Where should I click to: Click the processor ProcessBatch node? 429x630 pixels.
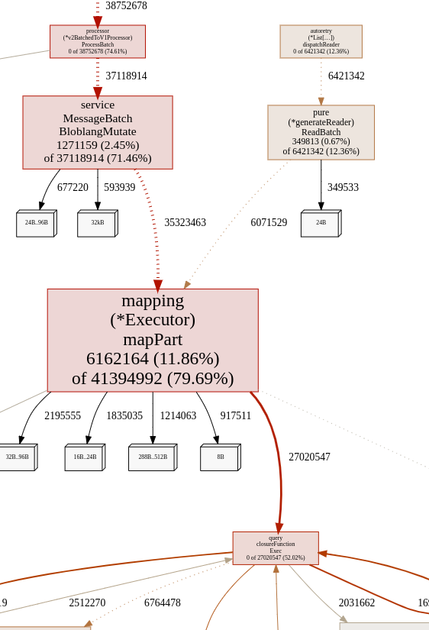98,41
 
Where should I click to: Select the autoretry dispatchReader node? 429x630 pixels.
321,41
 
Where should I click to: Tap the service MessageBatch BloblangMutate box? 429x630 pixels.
98,132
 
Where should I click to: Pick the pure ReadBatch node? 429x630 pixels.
321,132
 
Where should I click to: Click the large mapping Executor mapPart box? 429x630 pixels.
153,340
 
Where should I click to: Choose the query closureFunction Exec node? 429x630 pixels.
276,548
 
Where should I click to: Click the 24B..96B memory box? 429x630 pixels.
36,224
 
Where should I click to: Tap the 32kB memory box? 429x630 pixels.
97,224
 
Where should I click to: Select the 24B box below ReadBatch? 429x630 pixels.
321,224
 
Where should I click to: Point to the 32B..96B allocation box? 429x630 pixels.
17,457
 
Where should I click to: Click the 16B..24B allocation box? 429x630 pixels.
85,457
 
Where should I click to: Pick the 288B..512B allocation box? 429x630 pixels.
152,457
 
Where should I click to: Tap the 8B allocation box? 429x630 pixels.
220,457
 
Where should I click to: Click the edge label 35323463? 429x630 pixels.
185,223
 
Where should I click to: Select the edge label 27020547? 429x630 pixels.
309,457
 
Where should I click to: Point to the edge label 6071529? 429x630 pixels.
269,223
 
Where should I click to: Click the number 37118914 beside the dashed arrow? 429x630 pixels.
126,76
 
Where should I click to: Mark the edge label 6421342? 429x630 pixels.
346,76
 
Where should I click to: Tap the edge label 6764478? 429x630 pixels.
163,603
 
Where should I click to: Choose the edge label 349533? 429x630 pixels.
343,188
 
